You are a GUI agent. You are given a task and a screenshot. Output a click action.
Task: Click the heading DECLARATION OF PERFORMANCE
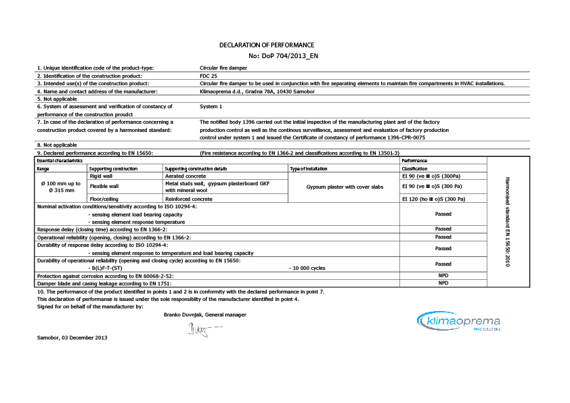(x=267, y=45)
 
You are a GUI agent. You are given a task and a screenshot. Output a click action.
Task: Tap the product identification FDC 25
(x=209, y=76)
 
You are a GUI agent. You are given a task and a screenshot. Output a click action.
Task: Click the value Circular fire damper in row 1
(x=223, y=68)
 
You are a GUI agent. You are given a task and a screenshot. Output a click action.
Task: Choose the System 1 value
(x=211, y=106)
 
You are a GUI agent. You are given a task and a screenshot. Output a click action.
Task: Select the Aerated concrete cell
(x=186, y=175)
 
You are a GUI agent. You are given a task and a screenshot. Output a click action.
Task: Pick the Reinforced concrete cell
(x=190, y=199)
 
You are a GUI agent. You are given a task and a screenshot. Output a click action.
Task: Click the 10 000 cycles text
(x=307, y=268)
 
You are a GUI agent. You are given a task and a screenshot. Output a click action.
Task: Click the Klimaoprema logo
(x=458, y=322)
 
